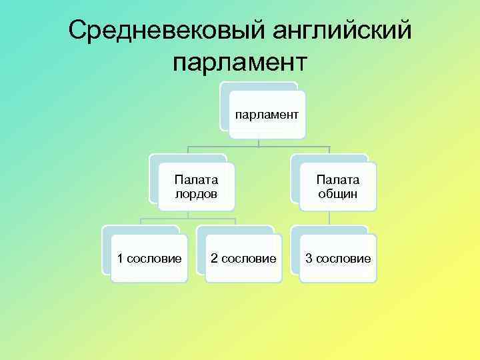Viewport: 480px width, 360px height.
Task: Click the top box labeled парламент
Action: (266, 115)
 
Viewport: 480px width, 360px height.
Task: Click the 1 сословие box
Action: (149, 258)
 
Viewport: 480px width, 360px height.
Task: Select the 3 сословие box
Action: (337, 258)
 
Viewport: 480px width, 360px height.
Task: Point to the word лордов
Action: (196, 194)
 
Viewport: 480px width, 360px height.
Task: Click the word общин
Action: (337, 194)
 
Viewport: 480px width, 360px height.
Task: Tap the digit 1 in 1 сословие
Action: (120, 258)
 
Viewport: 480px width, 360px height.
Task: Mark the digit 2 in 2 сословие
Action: (215, 258)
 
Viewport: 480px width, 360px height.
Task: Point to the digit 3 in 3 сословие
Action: (309, 258)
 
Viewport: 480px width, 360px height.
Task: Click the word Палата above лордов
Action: (196, 179)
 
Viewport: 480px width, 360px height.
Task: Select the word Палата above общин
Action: (337, 179)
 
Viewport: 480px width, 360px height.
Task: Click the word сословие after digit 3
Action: (343, 258)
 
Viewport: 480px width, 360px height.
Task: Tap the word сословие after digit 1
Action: (155, 258)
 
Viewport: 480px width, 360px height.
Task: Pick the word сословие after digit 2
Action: (249, 258)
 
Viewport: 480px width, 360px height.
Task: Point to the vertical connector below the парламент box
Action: (259, 141)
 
